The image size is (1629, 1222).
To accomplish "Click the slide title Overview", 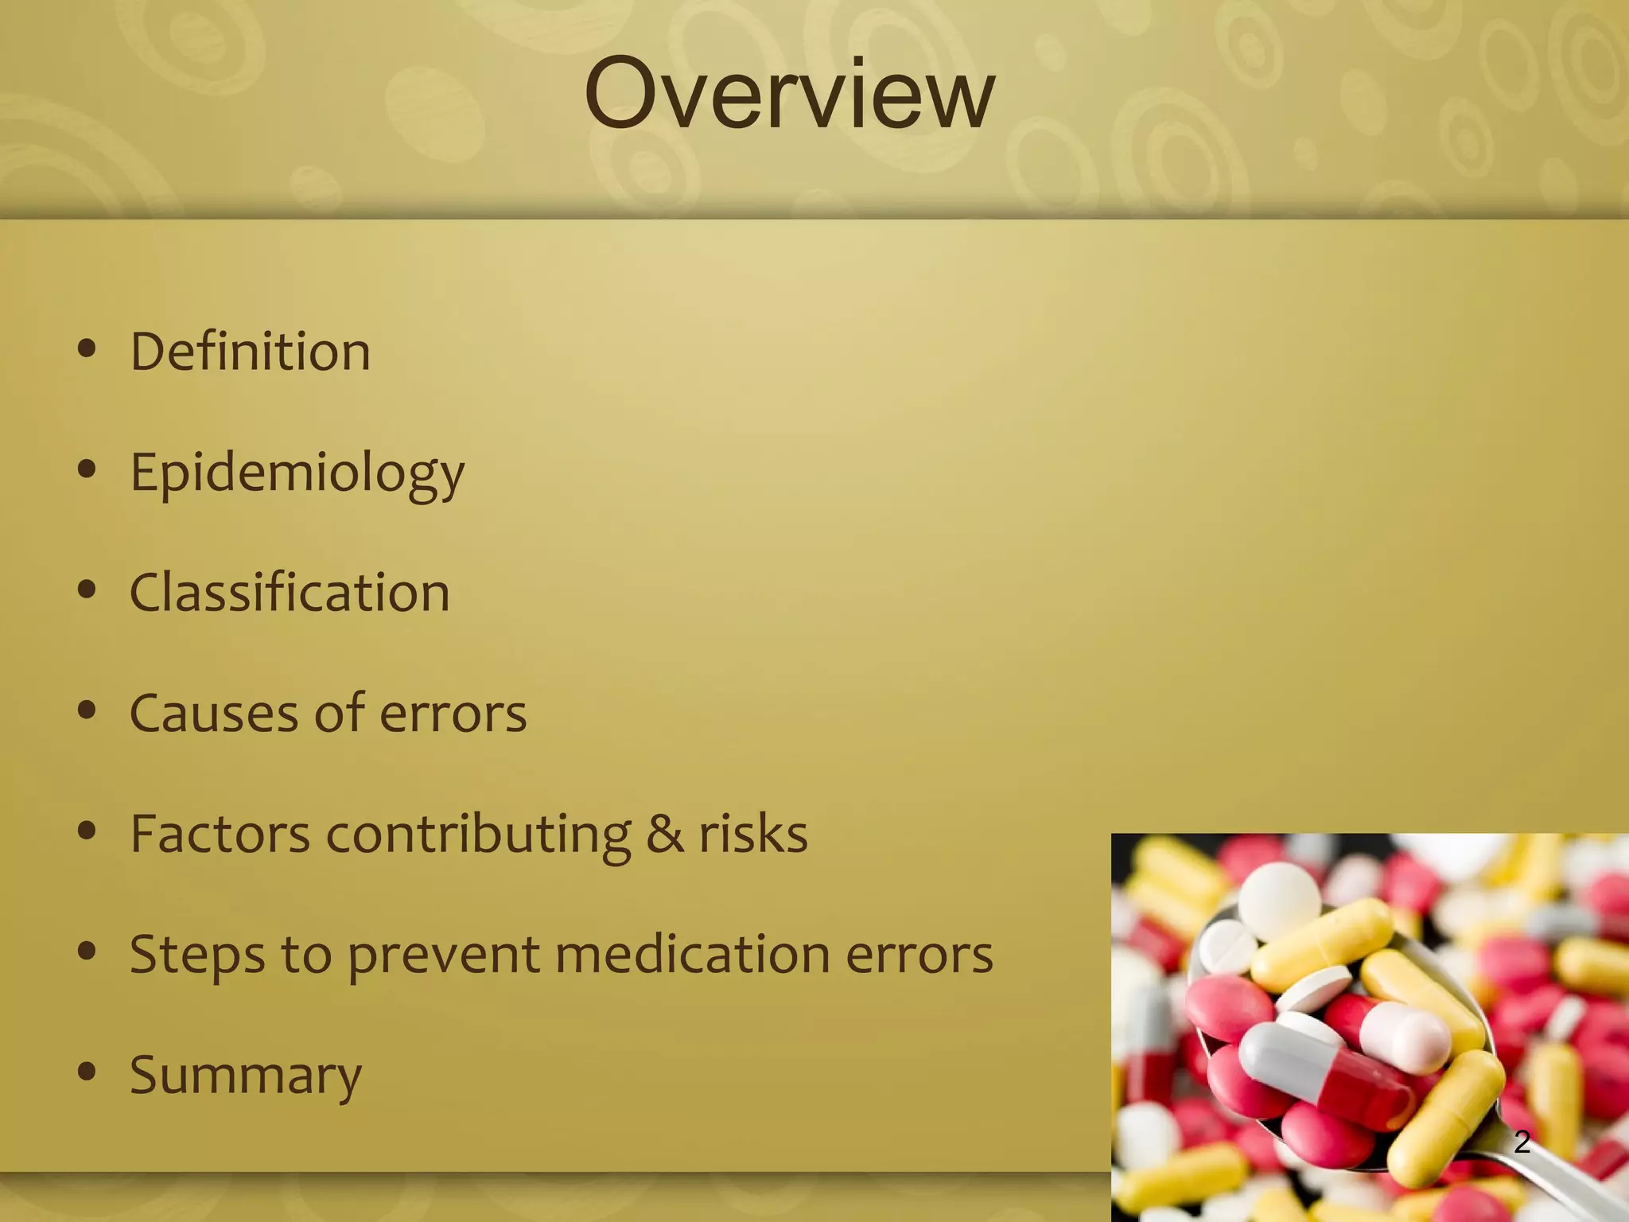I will [x=789, y=94].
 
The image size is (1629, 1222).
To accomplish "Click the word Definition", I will [x=250, y=352].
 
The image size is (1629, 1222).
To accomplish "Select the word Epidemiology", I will [x=297, y=473].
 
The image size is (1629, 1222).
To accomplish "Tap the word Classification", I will [x=290, y=593].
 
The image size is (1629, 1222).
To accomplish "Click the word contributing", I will [x=479, y=835].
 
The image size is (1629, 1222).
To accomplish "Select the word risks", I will [x=753, y=834].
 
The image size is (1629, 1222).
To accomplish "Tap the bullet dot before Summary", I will [x=87, y=1072].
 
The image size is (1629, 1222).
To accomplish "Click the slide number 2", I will [x=1522, y=1142].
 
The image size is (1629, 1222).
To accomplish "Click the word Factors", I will [x=220, y=834].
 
